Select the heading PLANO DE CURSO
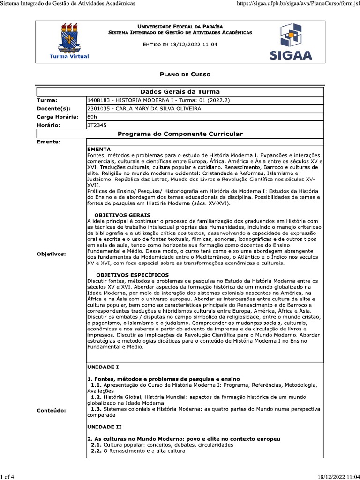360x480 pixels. click(x=185, y=75)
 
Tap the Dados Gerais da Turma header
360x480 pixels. click(x=180, y=91)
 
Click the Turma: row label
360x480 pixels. click(x=47, y=100)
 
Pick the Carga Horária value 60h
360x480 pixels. click(x=92, y=117)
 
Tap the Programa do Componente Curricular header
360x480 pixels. click(x=180, y=134)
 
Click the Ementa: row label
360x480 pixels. click(x=49, y=142)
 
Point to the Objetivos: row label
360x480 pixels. click(x=51, y=254)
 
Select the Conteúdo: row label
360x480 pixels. click(x=51, y=410)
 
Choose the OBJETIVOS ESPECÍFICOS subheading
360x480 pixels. click(x=132, y=275)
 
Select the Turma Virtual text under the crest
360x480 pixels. click(x=72, y=56)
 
